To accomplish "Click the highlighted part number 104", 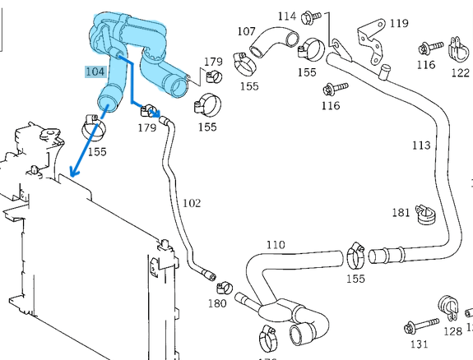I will tap(95, 72).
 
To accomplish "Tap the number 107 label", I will tap(246, 31).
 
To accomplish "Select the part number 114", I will tap(286, 16).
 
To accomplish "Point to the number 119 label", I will tap(398, 23).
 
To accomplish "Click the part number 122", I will tap(461, 72).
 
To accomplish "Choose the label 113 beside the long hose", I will tap(420, 145).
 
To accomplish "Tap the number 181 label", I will tap(401, 213).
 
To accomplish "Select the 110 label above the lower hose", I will tap(276, 245).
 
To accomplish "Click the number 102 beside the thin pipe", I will tap(191, 202).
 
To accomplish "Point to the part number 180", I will tap(216, 303).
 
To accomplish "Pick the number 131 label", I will tap(420, 344).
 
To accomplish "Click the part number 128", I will tap(452, 331).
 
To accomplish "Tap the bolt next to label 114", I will tap(312, 16).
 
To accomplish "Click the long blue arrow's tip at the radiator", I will tap(72, 177).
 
